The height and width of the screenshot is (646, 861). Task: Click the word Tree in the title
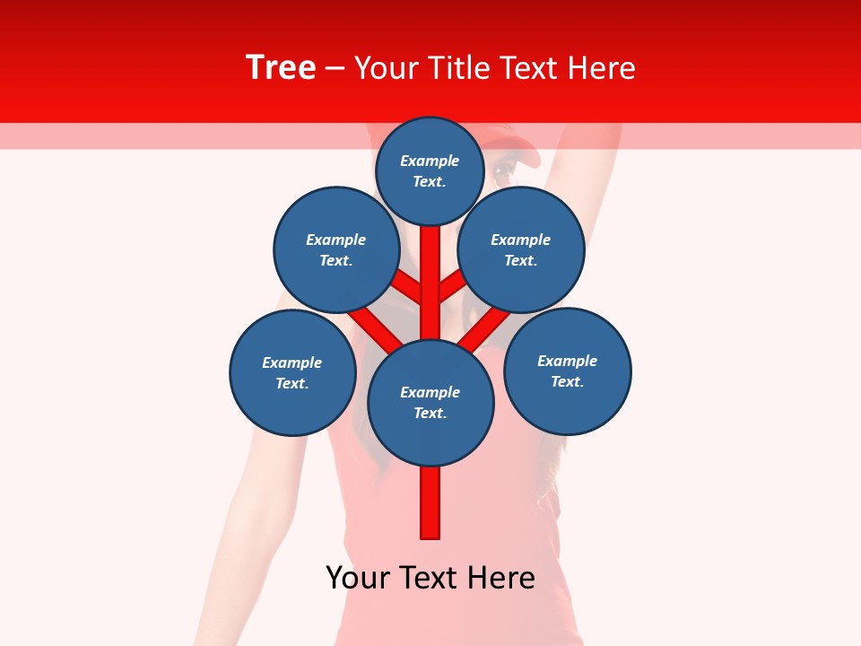click(281, 68)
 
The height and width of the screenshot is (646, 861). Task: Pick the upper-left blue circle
click(336, 249)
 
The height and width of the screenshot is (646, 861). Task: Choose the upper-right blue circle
click(521, 249)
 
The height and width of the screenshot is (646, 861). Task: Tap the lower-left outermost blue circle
click(292, 372)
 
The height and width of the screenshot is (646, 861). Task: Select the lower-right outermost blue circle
click(567, 371)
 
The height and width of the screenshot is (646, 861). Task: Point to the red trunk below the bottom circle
click(430, 502)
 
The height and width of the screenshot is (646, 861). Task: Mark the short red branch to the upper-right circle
click(451, 285)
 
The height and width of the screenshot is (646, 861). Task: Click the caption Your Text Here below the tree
click(430, 578)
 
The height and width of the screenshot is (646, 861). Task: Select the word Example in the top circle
click(430, 161)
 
